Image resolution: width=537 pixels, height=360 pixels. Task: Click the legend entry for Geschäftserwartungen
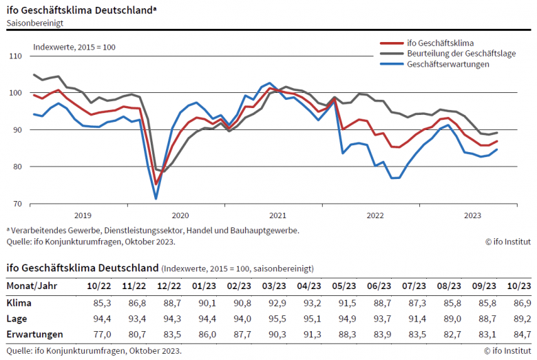coord(447,64)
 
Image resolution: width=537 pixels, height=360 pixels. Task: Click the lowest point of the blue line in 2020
coord(156,199)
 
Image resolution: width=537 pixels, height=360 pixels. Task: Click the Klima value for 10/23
coord(520,303)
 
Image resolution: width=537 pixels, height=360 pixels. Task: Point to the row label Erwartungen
coord(34,335)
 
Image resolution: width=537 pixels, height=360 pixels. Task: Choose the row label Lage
coord(17,319)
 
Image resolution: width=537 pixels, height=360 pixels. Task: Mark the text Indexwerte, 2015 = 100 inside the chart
coord(74,47)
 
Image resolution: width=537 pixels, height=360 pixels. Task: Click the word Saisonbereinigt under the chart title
coord(35,23)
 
